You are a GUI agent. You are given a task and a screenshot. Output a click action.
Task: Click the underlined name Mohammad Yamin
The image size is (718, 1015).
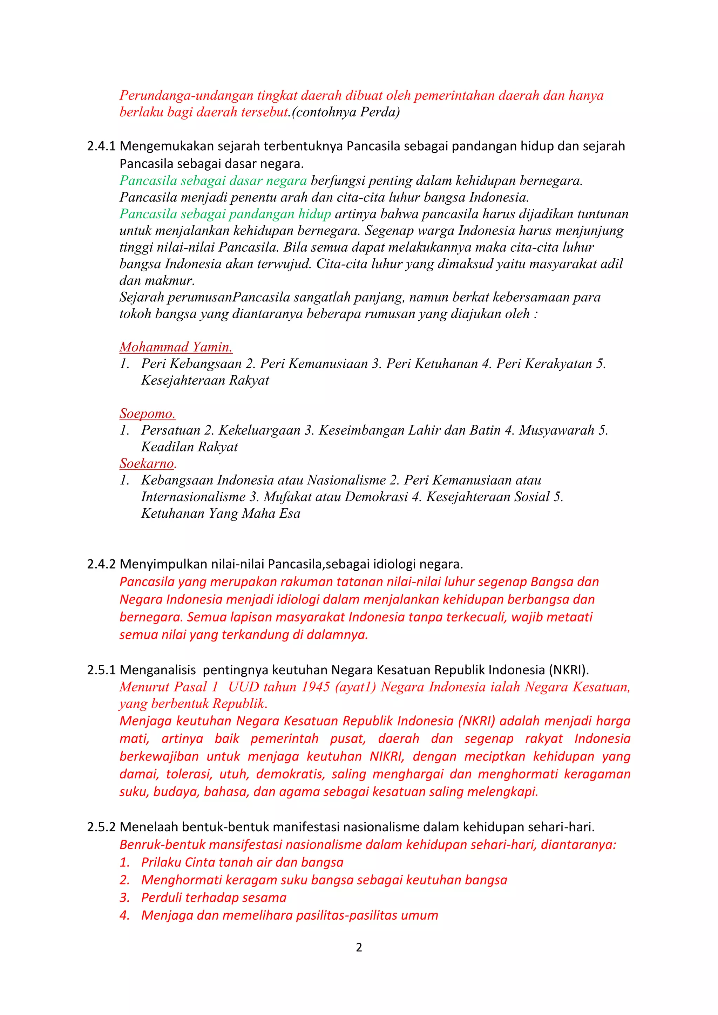coord(176,347)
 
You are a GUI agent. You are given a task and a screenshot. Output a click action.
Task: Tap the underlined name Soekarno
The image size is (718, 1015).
coord(147,463)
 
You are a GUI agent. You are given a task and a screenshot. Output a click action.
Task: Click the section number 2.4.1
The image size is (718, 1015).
coord(101,146)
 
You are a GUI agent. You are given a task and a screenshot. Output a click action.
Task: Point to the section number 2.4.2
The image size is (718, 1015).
coord(101,565)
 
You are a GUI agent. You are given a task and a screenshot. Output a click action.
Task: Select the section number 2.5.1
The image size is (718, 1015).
coord(101,670)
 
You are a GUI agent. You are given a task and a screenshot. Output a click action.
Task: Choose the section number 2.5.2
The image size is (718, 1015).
coord(101,827)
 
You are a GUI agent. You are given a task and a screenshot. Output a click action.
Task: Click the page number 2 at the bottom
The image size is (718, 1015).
coord(359,947)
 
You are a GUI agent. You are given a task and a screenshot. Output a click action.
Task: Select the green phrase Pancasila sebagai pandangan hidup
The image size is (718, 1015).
coord(225,214)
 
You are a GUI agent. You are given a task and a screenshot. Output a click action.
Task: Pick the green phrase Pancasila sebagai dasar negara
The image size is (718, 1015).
coord(213,181)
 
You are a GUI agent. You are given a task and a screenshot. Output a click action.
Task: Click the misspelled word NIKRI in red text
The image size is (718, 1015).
coord(386,756)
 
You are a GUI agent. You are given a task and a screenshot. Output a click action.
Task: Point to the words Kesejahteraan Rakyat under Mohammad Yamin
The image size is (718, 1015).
coord(205,380)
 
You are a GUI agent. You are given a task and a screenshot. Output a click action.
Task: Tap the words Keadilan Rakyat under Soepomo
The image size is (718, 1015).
coord(189,447)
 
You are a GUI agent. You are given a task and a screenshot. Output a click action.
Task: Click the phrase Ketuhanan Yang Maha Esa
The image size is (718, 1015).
coord(221,514)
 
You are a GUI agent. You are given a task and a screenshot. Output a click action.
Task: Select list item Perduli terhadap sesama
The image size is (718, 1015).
coord(214,898)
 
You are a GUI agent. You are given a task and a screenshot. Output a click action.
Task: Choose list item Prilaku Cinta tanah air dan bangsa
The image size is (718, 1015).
coord(242,863)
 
